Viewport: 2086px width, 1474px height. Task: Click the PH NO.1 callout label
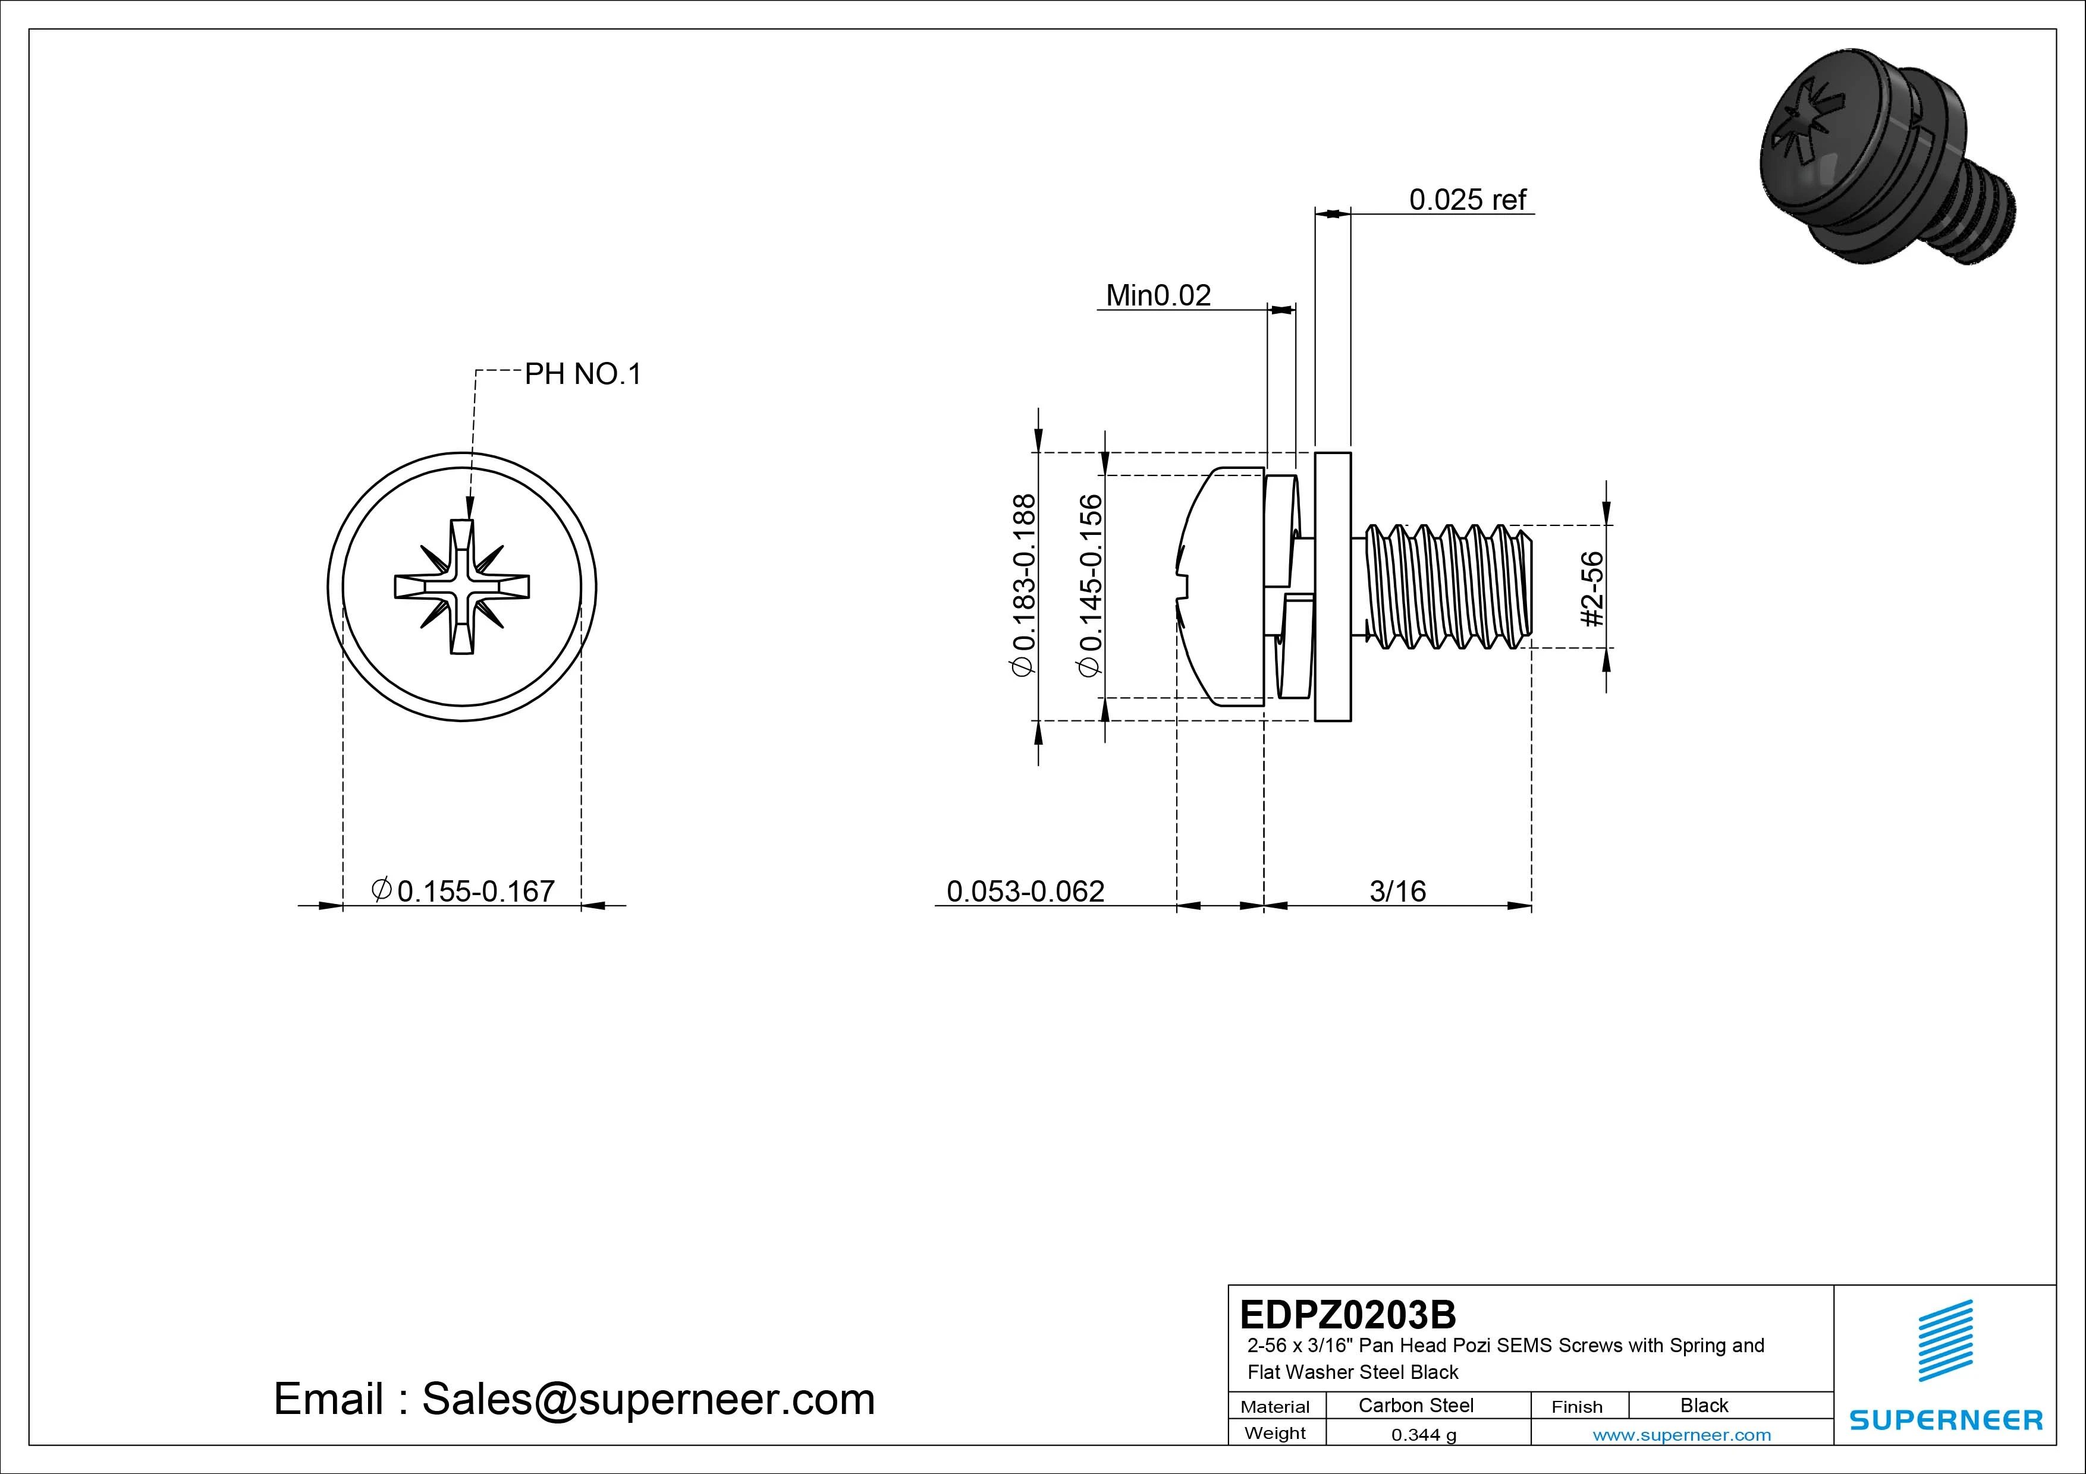(582, 374)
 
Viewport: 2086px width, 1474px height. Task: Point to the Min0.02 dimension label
(1158, 295)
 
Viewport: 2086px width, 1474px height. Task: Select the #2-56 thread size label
(1592, 588)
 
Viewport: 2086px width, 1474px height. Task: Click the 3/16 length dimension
(1397, 891)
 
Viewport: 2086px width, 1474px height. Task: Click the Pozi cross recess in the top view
(461, 587)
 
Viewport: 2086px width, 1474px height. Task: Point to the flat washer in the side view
(1333, 587)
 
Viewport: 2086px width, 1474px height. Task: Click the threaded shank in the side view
(1444, 587)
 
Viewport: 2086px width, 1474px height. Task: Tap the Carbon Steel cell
(1415, 1405)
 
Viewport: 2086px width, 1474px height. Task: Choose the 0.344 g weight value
(1423, 1435)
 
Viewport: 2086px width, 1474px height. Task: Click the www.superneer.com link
(1681, 1435)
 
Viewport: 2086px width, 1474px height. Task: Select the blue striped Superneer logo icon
(1945, 1340)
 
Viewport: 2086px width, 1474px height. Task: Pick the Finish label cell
(1576, 1406)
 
